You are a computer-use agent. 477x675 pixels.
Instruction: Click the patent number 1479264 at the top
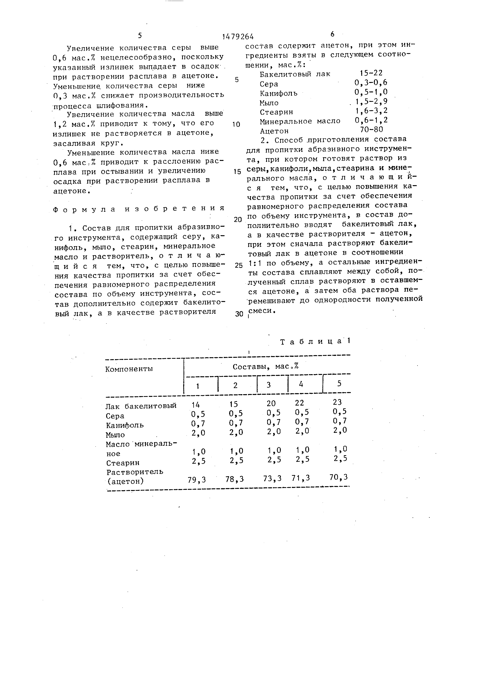(238, 36)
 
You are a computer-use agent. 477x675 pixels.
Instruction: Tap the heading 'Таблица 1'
(315, 341)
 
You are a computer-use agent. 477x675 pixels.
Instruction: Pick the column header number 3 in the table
(268, 385)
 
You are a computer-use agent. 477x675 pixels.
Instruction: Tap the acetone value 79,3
(197, 480)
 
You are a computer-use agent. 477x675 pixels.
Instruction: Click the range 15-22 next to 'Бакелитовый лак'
(371, 73)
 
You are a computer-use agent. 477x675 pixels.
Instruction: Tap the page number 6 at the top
(332, 34)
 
